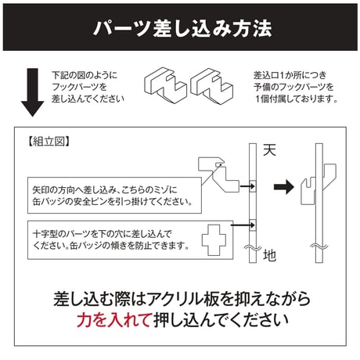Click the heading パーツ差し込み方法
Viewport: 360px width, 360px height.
[x=182, y=28]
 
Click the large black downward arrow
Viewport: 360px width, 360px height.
[x=33, y=92]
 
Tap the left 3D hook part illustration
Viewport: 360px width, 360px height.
[x=165, y=85]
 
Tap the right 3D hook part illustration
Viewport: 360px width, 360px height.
[x=211, y=86]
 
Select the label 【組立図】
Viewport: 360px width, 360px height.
[x=49, y=142]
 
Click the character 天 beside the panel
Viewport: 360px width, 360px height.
[x=269, y=149]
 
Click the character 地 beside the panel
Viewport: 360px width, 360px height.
[x=269, y=255]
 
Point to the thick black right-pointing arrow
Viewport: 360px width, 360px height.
[x=284, y=187]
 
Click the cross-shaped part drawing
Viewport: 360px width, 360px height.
[x=214, y=239]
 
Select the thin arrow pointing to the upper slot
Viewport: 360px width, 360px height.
[x=247, y=186]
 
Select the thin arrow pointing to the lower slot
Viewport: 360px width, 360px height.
[x=243, y=225]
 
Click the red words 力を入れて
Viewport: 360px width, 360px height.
[x=113, y=319]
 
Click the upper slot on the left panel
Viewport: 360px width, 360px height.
[x=253, y=186]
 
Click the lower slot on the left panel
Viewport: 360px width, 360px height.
[x=253, y=225]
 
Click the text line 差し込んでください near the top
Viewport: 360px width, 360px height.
[x=88, y=99]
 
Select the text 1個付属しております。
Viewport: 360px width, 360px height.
[x=297, y=99]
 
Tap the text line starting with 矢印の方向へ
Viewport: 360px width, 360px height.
[x=105, y=189]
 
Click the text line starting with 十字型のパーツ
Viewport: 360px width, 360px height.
[x=102, y=233]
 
